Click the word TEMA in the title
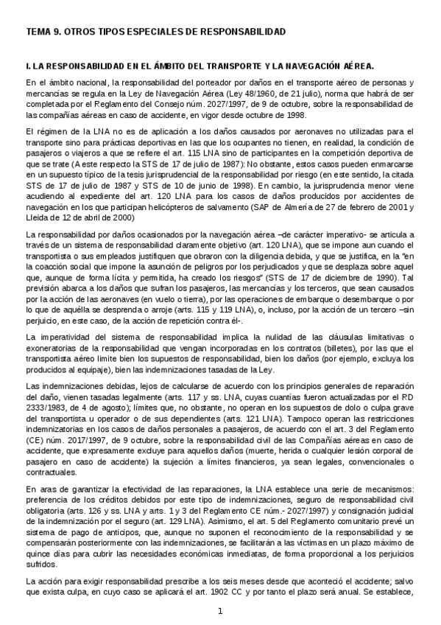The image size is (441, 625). coord(38,32)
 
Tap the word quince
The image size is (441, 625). coord(38,556)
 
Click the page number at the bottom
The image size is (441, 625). coord(220,612)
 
